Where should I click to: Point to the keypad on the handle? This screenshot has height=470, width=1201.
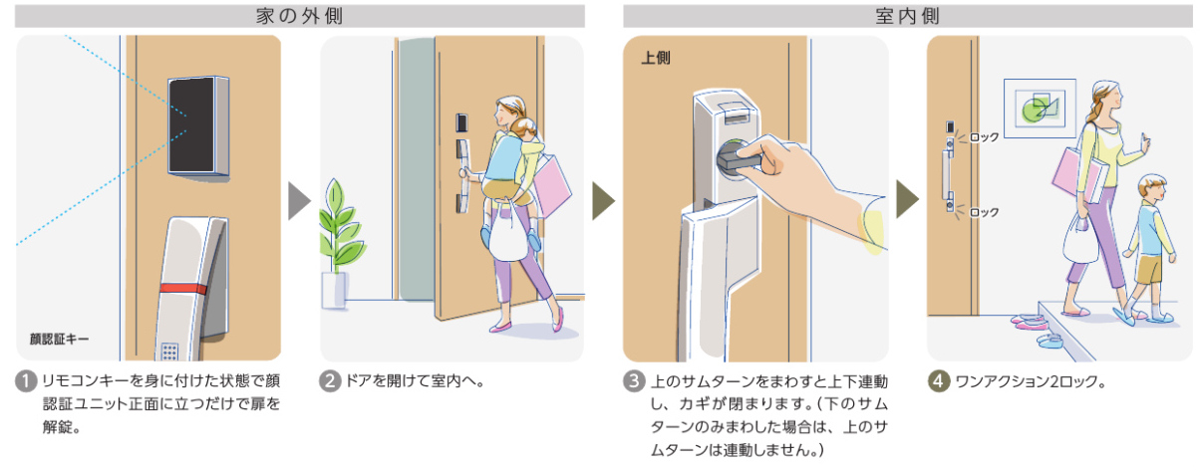[170, 352]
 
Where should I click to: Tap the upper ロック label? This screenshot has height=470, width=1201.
[984, 136]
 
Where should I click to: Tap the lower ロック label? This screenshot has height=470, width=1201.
[984, 212]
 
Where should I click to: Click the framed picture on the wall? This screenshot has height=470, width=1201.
[1040, 106]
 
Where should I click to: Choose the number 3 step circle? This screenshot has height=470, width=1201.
[633, 381]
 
